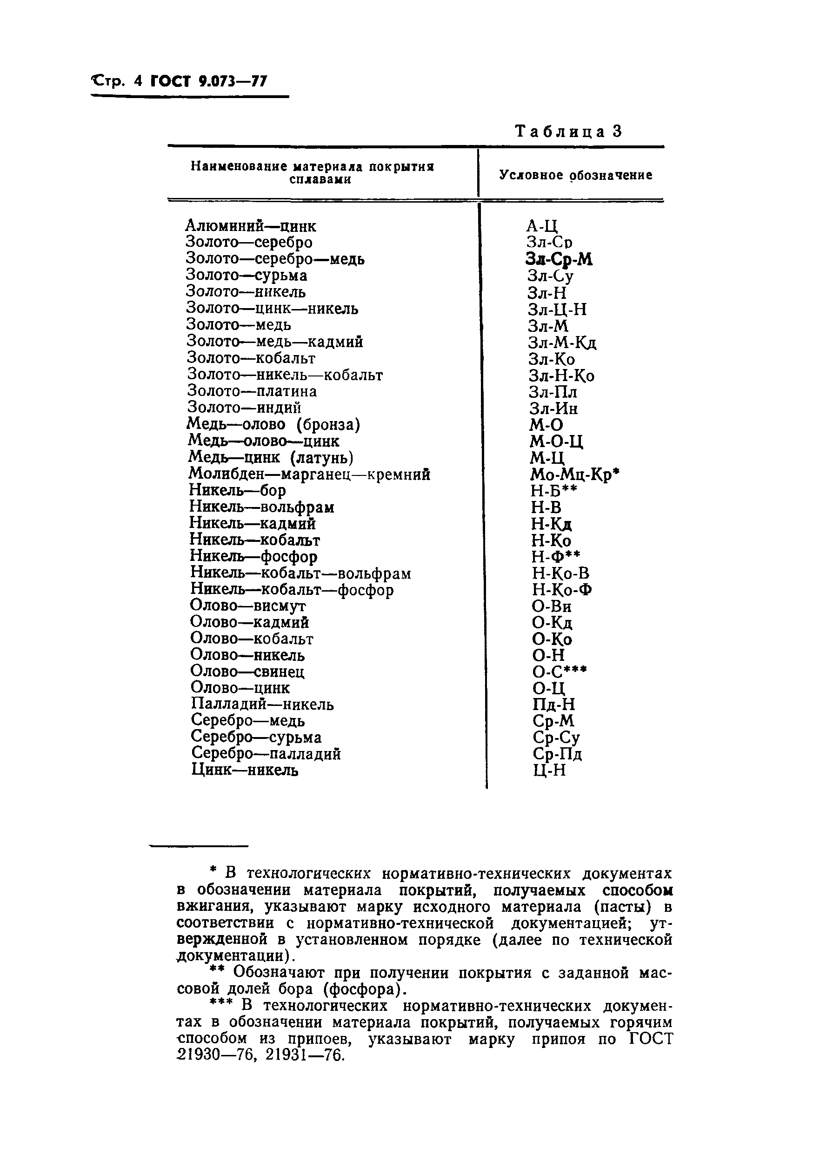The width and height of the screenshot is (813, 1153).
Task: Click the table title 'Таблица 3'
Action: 568,132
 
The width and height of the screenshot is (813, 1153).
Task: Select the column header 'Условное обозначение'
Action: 575,175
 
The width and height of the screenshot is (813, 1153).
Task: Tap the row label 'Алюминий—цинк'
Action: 251,226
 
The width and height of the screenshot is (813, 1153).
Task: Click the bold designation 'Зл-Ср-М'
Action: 559,259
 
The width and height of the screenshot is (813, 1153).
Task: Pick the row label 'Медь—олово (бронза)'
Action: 274,425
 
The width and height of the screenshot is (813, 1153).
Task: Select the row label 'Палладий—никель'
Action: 262,705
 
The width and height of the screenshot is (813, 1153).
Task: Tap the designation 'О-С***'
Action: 559,672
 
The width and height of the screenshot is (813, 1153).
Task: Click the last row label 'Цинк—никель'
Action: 245,770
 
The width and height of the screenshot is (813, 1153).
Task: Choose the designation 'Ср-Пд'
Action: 557,754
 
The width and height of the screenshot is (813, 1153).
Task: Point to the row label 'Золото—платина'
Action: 252,391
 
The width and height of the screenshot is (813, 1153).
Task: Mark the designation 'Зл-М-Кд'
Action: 562,343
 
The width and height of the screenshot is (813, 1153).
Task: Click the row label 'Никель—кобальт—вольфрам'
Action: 300,573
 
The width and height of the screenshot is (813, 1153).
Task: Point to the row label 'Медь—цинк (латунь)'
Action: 271,457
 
